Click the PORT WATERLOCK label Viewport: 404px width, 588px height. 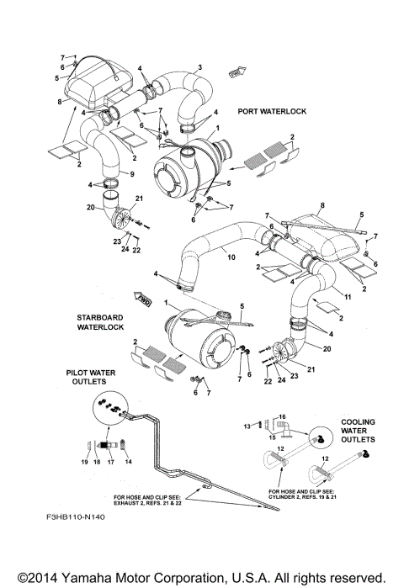[x=272, y=110]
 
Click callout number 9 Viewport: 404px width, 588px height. [x=131, y=174]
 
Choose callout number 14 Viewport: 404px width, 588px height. [x=129, y=462]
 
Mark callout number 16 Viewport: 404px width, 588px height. [x=283, y=416]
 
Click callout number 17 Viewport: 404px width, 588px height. [x=110, y=462]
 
